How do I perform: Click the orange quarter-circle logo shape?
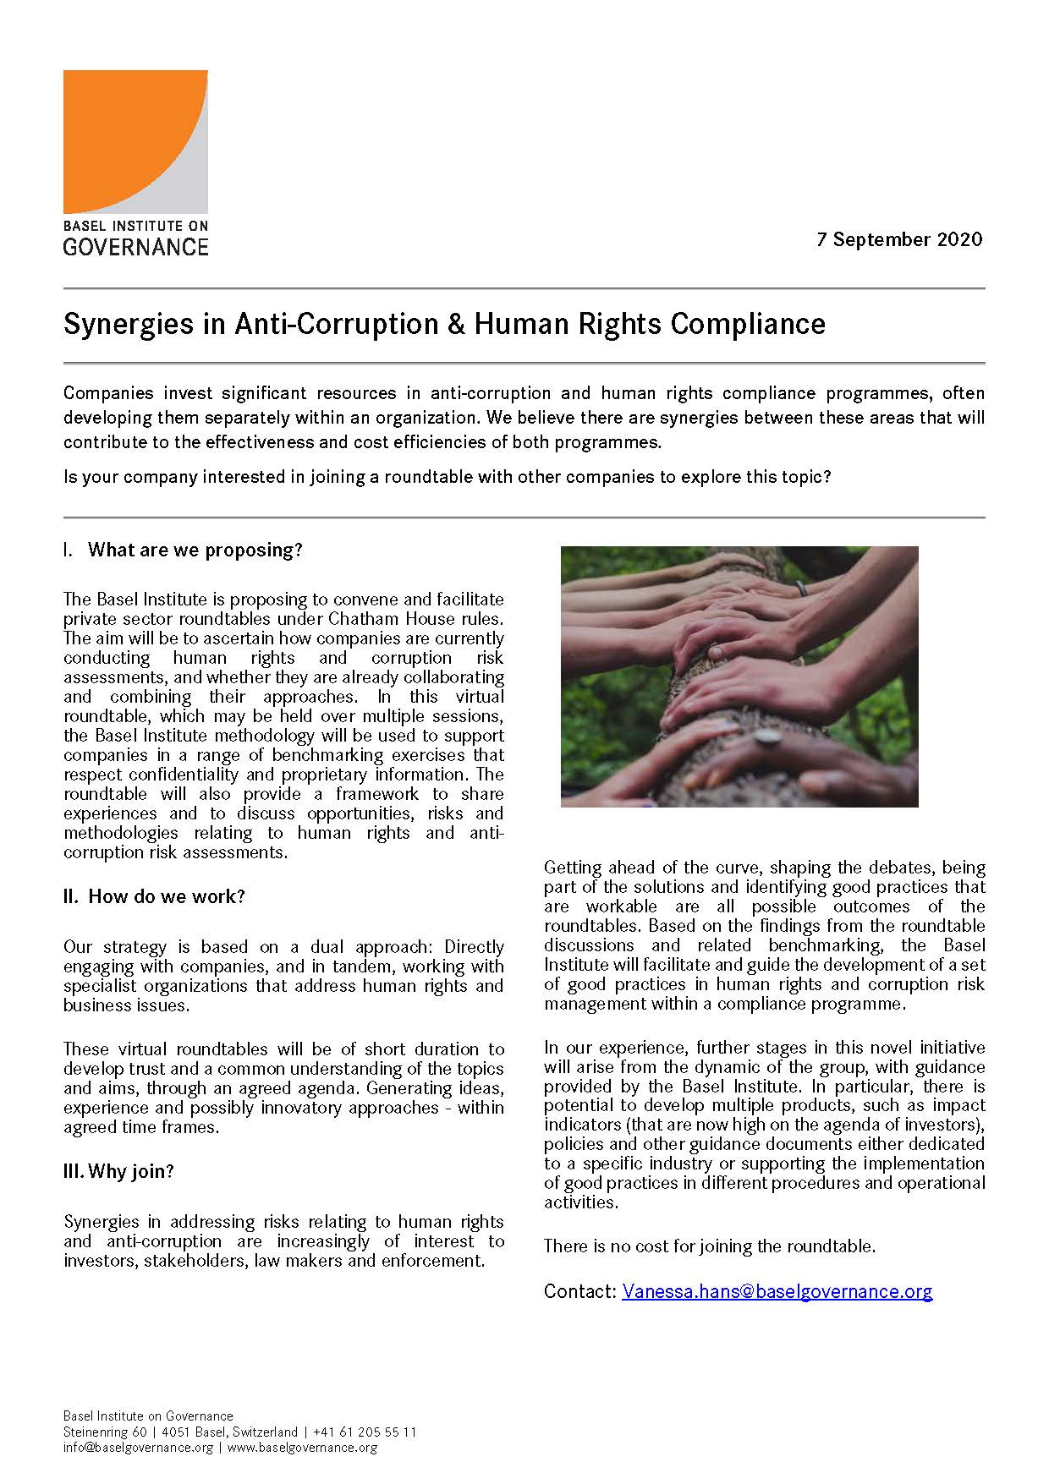point(118,127)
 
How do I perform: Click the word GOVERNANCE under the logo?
point(135,247)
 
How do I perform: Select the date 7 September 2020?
point(899,239)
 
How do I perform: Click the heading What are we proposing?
point(195,550)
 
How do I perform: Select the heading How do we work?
point(166,896)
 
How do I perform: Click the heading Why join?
point(130,1171)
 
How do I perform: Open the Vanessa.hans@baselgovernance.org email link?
point(777,1291)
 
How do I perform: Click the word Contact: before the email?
point(579,1291)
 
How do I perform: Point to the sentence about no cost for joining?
point(709,1246)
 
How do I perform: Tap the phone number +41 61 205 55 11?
point(365,1432)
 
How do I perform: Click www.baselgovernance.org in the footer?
point(302,1448)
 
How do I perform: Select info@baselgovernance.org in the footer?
point(138,1448)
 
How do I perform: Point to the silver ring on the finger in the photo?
point(767,737)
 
